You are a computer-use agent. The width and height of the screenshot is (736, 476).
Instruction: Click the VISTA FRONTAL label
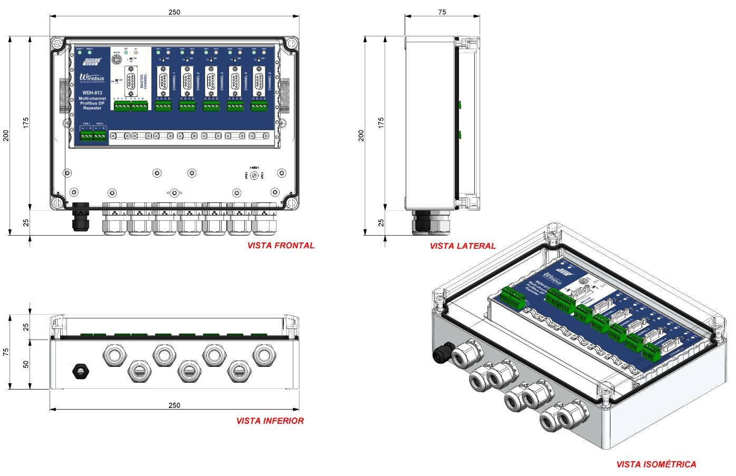281,245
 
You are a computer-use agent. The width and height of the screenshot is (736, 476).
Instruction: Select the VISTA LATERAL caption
462,246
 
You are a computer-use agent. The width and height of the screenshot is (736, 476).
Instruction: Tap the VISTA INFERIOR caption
270,421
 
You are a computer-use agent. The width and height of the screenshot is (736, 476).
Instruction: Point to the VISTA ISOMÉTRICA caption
656,464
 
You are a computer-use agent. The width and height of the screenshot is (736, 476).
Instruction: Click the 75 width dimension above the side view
442,12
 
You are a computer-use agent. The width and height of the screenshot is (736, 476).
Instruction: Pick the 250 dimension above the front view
174,12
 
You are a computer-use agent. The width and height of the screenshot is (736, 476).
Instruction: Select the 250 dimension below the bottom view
174,405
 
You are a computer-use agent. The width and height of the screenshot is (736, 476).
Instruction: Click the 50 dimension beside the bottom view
26,364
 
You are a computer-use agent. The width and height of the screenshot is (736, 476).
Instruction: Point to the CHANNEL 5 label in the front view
269,82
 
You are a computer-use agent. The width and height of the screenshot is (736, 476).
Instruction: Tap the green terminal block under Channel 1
164,106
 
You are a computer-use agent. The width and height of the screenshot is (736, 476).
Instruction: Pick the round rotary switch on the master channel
117,61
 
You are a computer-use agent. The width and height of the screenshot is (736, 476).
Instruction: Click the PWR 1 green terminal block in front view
86,136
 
